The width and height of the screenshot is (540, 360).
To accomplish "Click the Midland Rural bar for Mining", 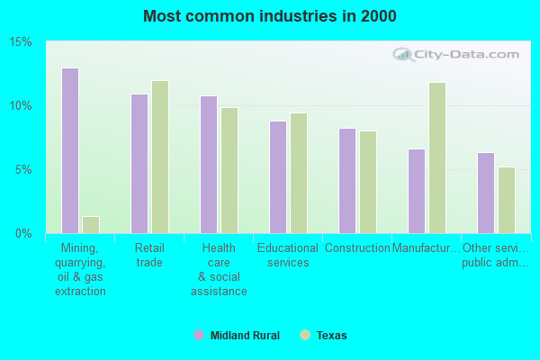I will [x=70, y=150].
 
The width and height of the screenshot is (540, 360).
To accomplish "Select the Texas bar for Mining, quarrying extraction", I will [x=91, y=224].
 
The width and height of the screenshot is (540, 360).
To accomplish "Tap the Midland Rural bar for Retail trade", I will [x=139, y=163].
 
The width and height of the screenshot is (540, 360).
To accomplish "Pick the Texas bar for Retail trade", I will [x=160, y=157].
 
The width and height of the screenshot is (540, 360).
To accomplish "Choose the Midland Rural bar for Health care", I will [x=209, y=164].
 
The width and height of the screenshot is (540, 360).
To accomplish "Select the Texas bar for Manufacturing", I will [x=437, y=157].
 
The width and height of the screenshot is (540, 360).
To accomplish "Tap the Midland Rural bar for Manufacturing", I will [x=417, y=191].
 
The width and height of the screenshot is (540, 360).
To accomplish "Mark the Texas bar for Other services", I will [x=507, y=200].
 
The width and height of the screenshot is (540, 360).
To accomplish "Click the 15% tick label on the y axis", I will [x=21, y=42].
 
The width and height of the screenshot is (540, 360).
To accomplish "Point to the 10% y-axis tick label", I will [x=21, y=105].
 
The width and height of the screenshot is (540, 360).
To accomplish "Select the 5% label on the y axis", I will [x=23, y=169].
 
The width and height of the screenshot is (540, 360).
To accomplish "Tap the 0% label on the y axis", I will [x=23, y=233].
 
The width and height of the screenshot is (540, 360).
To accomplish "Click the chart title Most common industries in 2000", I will [x=269, y=16].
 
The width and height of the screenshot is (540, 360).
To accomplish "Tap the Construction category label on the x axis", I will [x=357, y=248].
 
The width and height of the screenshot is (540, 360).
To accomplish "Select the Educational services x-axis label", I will [x=288, y=255].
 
